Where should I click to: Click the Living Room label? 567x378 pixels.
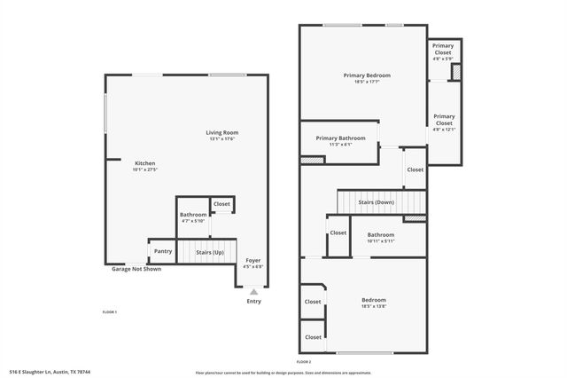coord(223,132)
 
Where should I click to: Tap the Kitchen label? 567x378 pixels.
coord(144,163)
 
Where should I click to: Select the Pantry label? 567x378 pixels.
coord(163,251)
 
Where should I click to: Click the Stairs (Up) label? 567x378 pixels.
coord(210,253)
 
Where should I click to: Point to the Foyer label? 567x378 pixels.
coord(253,260)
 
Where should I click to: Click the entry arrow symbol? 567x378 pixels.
coord(254,290)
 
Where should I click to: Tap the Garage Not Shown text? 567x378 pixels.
coord(136,269)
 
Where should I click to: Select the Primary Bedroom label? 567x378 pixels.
coord(367,75)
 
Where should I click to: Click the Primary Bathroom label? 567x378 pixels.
coord(340,138)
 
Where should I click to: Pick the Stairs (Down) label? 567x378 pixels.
coord(377,202)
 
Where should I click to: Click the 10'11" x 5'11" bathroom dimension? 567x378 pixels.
coord(381,241)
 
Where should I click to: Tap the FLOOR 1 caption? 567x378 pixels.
coord(110,312)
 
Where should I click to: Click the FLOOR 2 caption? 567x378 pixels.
coord(304,362)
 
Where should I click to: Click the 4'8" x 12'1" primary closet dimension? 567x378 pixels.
coord(444,130)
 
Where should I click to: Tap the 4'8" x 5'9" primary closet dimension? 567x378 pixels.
coord(443,59)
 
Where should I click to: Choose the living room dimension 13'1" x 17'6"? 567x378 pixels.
coord(223,138)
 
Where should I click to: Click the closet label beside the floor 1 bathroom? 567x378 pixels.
coord(221,204)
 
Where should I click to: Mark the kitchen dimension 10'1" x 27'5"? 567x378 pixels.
coord(144,169)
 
